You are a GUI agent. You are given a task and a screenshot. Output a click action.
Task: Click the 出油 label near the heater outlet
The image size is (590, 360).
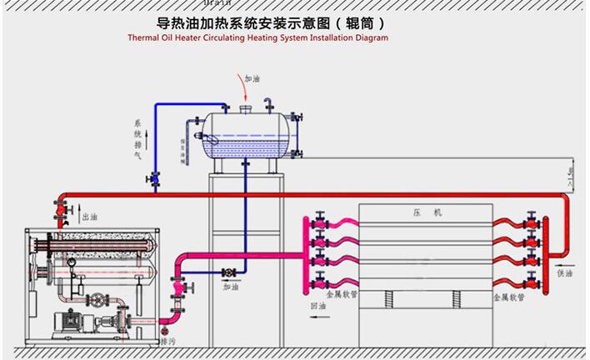coord(90,217)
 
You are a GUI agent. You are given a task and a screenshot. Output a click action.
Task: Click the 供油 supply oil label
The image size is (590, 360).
coord(565,272)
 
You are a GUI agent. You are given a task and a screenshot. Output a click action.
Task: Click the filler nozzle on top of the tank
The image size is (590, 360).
coord(245,107)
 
